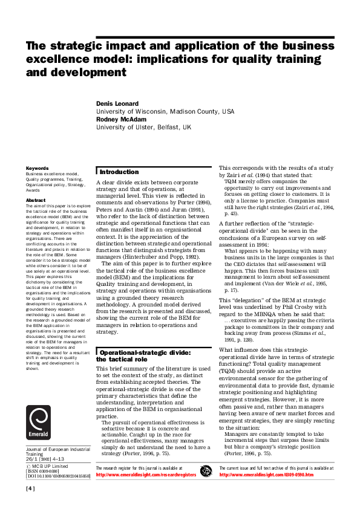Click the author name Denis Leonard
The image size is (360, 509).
119,104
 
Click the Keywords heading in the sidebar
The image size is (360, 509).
38,167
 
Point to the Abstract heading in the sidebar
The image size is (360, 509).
36,200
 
